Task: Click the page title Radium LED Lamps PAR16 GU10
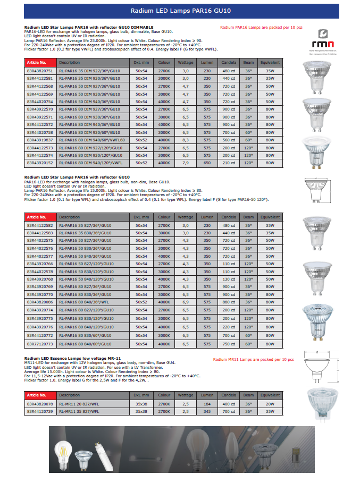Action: pos(180,11)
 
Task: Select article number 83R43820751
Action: pos(40,70)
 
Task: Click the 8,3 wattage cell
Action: pos(186,140)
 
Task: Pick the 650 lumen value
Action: pos(207,163)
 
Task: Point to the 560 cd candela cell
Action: pos(229,140)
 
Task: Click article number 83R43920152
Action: pos(40,163)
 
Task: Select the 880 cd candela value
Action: pos(229,301)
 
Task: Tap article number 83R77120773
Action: pos(40,344)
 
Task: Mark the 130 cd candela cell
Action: pos(229,278)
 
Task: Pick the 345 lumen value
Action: pos(207,411)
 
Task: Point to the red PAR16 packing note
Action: pos(261,27)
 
